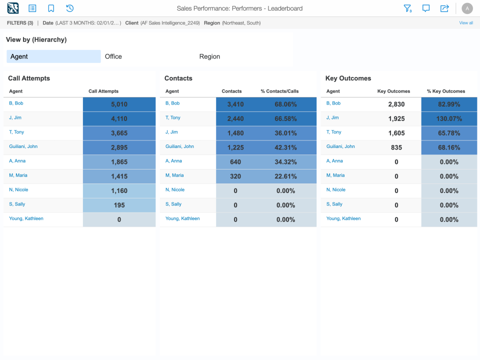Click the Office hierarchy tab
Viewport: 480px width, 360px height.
tap(113, 56)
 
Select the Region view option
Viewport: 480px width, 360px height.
tap(209, 56)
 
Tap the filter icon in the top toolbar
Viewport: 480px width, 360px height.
tap(407, 8)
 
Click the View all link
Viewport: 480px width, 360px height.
tap(466, 23)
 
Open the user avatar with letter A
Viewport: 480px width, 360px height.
tap(467, 8)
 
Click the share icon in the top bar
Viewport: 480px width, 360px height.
tap(444, 8)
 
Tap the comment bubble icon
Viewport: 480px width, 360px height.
tap(426, 8)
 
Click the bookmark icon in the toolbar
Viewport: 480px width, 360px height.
tap(51, 8)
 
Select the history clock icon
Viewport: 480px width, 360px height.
tap(70, 8)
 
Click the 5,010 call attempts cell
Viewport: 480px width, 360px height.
tap(119, 104)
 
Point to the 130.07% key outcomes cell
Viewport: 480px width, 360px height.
tap(448, 119)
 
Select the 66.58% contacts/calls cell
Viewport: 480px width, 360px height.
tap(285, 119)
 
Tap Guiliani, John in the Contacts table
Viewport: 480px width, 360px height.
tap(179, 146)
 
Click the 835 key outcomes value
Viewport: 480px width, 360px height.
tap(396, 147)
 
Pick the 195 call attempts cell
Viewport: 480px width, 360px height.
tap(119, 205)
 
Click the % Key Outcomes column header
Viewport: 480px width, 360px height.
tap(446, 91)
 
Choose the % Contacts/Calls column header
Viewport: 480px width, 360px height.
tap(279, 91)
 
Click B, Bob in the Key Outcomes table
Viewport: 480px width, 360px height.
tap(333, 103)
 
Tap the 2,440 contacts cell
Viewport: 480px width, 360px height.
tap(235, 119)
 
